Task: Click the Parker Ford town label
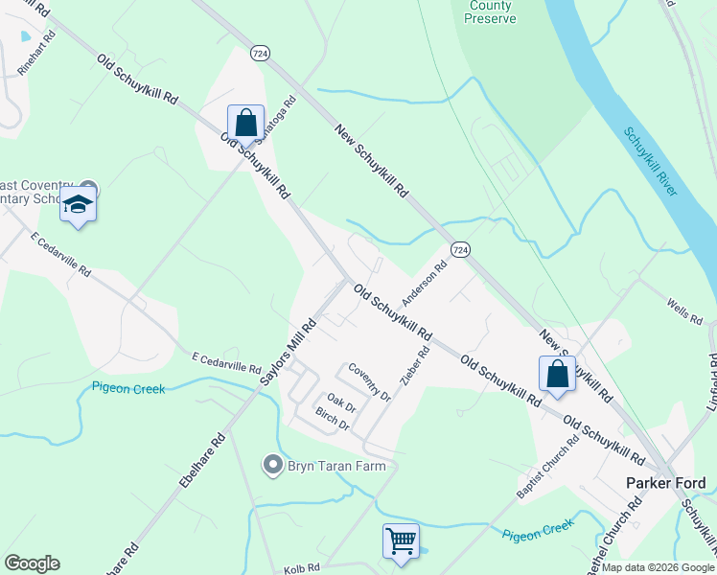click(x=664, y=483)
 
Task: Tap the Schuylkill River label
click(x=650, y=163)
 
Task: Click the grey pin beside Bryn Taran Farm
click(x=272, y=466)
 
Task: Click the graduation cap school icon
click(x=78, y=206)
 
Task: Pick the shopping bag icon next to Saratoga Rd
click(x=245, y=124)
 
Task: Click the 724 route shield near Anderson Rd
click(x=461, y=249)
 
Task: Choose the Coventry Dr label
click(x=369, y=382)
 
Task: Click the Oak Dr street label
click(x=341, y=402)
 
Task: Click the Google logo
click(x=32, y=563)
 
